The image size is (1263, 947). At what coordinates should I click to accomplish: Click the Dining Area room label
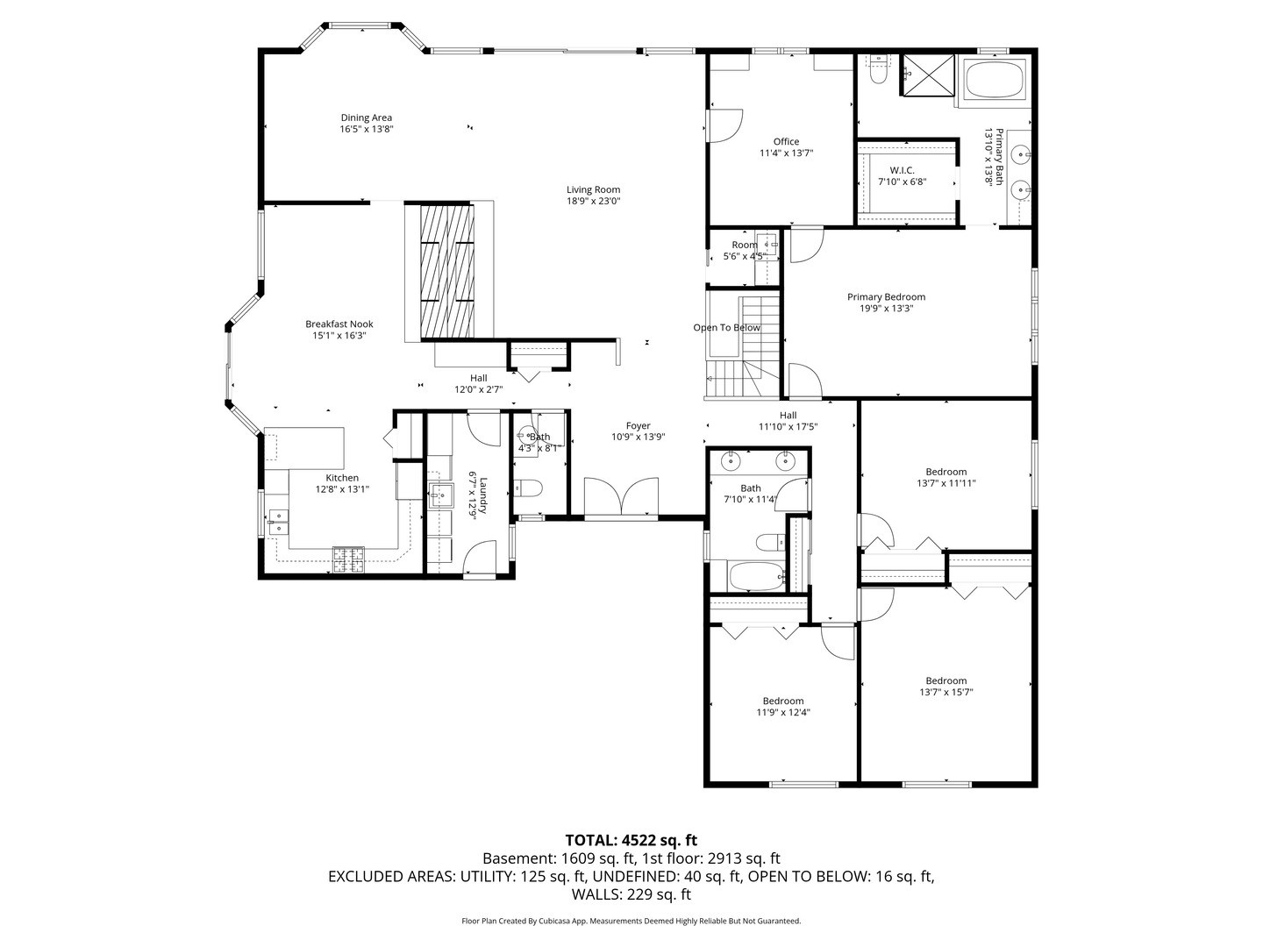(x=366, y=117)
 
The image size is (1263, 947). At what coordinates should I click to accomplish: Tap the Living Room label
(x=593, y=189)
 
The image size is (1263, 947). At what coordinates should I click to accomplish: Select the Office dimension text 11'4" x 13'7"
(x=786, y=153)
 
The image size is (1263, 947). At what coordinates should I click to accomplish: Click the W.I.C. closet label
(x=902, y=170)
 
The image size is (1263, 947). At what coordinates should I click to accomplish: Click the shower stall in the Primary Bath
(x=926, y=73)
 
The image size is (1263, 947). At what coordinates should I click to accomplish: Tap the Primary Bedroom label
(x=886, y=296)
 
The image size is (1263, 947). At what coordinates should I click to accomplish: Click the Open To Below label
(x=726, y=328)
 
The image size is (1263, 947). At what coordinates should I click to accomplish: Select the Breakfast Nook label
(x=339, y=324)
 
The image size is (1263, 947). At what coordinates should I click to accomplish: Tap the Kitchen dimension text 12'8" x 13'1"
(x=342, y=489)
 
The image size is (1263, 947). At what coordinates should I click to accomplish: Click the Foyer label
(x=638, y=425)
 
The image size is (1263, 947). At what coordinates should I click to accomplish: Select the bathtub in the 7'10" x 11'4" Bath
(x=756, y=577)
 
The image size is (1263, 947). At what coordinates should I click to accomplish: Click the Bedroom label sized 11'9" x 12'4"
(x=782, y=701)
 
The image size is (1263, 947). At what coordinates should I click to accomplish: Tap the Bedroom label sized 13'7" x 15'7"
(x=945, y=680)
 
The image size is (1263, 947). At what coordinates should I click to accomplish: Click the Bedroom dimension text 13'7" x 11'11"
(x=945, y=483)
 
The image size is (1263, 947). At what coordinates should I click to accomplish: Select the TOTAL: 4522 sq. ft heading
(x=631, y=840)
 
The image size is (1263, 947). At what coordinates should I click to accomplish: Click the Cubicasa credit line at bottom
(x=631, y=921)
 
